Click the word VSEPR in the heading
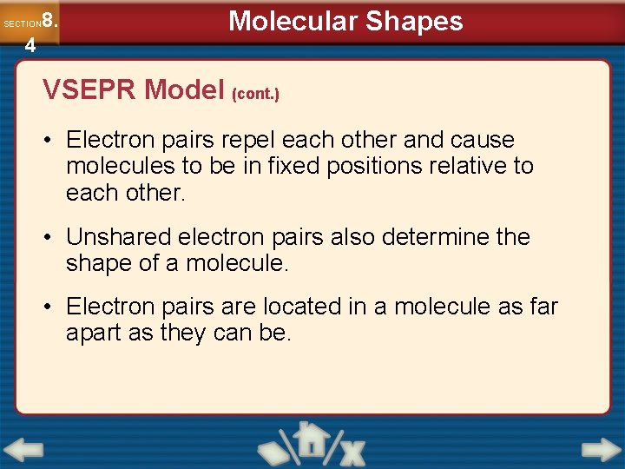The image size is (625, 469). point(90,89)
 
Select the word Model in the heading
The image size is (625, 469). point(185,89)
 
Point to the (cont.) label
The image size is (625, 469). point(255,93)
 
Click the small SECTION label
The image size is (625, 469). point(22,24)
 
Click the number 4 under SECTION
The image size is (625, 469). point(30,46)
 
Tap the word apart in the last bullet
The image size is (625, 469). point(94,333)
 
